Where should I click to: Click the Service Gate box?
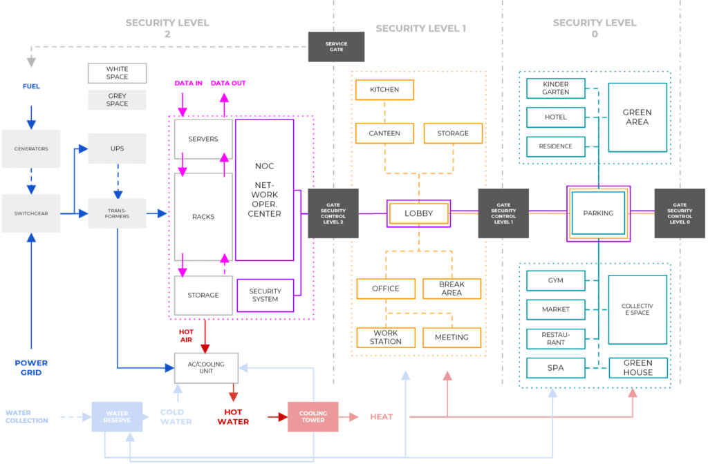tap(336, 46)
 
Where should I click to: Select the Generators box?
tap(31, 148)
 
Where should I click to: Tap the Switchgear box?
tap(31, 213)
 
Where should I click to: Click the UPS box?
tap(117, 148)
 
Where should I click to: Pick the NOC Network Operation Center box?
tap(264, 190)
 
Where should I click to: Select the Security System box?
tap(265, 295)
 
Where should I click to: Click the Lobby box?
tap(418, 213)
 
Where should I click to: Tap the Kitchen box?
tap(384, 90)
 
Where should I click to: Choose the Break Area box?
tap(451, 289)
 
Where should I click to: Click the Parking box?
tap(598, 213)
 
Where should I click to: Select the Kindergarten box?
tap(556, 88)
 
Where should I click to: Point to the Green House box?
tap(637, 367)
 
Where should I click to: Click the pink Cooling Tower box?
tap(313, 416)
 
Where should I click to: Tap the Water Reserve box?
tap(117, 416)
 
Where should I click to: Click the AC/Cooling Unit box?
tap(206, 367)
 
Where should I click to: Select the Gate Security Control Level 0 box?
tap(680, 213)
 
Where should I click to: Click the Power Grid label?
tap(31, 367)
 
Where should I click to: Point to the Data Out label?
tap(228, 84)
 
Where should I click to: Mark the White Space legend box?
tap(117, 72)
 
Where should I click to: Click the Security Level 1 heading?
tap(420, 28)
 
